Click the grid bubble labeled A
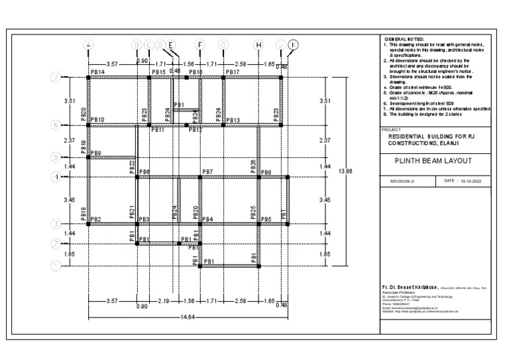point(88,44)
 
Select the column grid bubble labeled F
point(199,44)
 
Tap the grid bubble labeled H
point(258,44)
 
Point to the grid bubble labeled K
point(293,44)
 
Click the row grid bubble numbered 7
point(56,77)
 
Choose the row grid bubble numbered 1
point(56,266)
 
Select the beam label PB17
point(232,72)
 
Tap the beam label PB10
point(97,120)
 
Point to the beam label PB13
point(233,120)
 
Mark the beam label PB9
point(95,153)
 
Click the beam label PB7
point(207,172)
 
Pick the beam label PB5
point(266,219)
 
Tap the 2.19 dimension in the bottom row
point(163,302)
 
